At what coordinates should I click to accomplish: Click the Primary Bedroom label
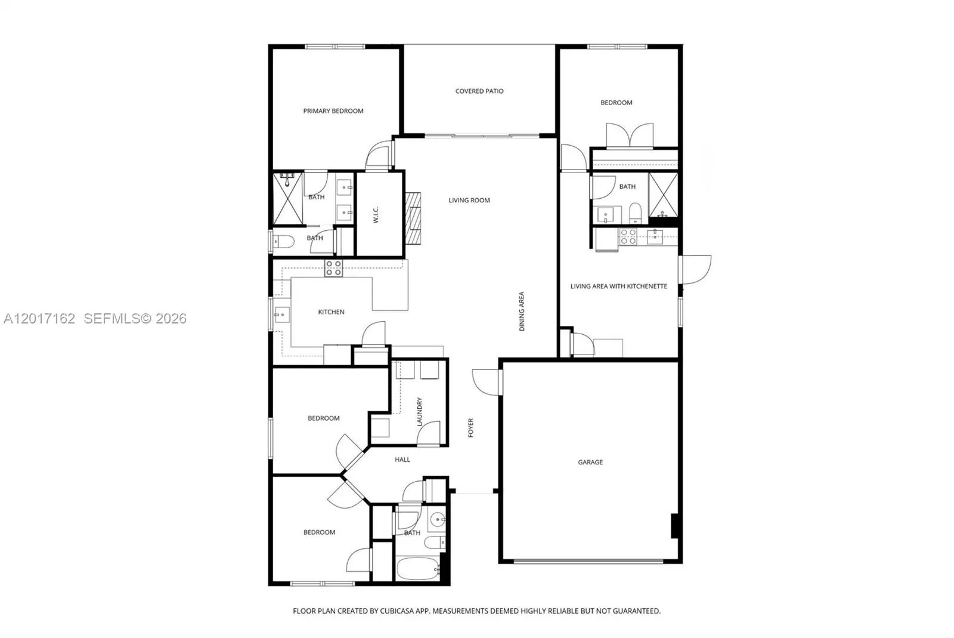[333, 111]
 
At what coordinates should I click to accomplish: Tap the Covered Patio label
[479, 91]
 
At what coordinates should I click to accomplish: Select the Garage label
[590, 462]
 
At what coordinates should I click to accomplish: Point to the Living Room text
[469, 200]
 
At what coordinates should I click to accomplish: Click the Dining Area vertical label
[522, 311]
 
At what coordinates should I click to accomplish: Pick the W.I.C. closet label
[376, 215]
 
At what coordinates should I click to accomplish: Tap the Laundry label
[419, 412]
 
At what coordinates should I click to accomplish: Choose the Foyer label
[470, 427]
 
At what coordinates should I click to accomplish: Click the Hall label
[402, 460]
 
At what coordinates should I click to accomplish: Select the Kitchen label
[331, 312]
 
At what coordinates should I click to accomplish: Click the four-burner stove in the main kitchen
[333, 268]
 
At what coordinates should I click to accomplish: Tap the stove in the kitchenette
[628, 236]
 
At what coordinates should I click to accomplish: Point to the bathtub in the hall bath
[418, 569]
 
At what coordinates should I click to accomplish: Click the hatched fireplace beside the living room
[413, 218]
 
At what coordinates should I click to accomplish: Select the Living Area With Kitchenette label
[618, 286]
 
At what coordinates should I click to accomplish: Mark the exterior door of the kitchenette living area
[695, 269]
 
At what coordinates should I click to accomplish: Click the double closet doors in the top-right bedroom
[630, 136]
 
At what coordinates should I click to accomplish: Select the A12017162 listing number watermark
[39, 318]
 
